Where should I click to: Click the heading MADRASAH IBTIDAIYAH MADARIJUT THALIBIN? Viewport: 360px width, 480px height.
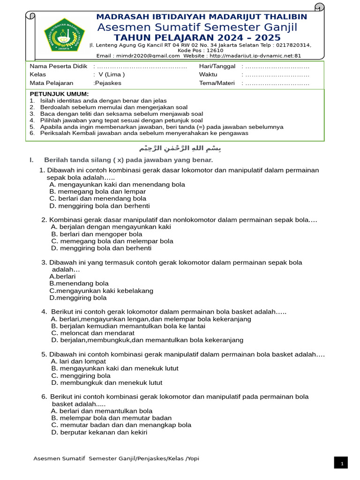202,17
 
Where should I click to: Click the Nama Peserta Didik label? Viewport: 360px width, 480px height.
59,66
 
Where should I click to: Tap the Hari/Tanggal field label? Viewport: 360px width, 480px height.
217,66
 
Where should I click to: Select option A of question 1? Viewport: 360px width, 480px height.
117,185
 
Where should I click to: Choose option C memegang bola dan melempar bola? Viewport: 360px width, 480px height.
112,241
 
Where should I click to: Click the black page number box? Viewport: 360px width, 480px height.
342,463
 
